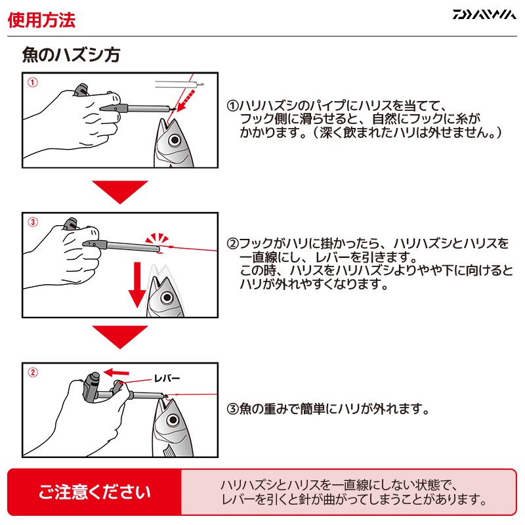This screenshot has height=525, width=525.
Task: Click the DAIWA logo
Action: click(484, 14)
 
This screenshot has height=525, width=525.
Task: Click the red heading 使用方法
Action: click(41, 20)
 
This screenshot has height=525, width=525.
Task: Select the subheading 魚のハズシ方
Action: click(71, 55)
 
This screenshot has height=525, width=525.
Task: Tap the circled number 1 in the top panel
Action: click(32, 83)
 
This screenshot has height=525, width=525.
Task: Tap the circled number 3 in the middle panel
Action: click(32, 222)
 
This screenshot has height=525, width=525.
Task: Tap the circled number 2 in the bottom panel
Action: click(32, 372)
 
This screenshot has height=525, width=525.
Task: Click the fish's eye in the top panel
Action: click(174, 140)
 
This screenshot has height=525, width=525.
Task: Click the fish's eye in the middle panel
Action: click(167, 297)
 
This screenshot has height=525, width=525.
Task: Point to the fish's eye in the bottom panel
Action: click(173, 419)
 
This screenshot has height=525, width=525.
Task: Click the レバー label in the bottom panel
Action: click(167, 379)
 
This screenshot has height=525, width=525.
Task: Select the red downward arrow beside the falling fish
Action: click(137, 285)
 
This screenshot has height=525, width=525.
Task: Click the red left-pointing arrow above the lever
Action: click(116, 372)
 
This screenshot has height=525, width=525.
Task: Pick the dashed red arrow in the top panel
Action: click(186, 100)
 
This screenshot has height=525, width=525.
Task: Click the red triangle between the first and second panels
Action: click(120, 192)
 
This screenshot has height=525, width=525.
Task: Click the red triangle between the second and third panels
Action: click(120, 337)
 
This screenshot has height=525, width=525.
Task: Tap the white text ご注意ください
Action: click(94, 492)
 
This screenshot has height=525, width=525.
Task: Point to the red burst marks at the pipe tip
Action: click(157, 239)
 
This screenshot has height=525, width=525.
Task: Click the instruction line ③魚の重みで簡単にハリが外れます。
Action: click(328, 409)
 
